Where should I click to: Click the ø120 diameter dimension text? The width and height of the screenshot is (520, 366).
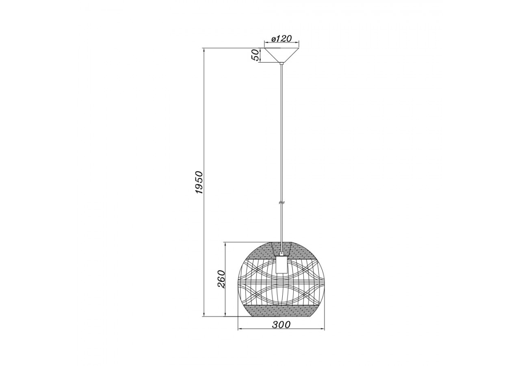[282, 39]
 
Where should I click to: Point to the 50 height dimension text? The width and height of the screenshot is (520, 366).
[255, 55]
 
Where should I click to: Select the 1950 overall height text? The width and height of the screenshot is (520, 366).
[199, 182]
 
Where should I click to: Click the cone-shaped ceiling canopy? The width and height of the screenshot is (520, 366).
[282, 54]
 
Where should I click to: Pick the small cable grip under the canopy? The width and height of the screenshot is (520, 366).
[281, 63]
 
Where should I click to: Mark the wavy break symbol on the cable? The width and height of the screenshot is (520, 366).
[281, 202]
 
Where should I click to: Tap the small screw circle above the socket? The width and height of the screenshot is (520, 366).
[281, 253]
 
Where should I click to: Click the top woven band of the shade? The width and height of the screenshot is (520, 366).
[281, 250]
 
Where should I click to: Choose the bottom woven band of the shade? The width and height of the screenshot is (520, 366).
[281, 311]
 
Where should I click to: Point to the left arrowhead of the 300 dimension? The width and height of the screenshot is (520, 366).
[239, 329]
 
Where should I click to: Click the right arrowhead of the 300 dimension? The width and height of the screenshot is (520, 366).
[323, 329]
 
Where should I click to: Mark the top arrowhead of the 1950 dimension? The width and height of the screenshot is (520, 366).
[204, 50]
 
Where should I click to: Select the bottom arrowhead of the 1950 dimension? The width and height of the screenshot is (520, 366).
[204, 314]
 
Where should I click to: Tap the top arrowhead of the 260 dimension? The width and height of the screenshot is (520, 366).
[225, 244]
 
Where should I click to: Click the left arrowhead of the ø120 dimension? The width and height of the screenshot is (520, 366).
[266, 42]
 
